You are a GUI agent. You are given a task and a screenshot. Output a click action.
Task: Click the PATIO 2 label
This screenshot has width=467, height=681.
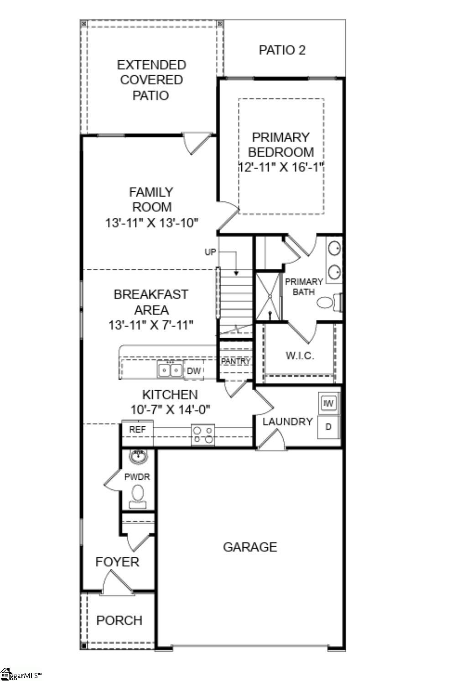tap(282, 50)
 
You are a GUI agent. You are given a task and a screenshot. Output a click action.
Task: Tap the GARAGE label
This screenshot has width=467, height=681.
tap(250, 547)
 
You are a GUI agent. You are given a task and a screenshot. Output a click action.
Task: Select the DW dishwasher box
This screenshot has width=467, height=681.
tap(194, 371)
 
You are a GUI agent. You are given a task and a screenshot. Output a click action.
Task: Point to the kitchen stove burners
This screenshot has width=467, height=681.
tap(203, 435)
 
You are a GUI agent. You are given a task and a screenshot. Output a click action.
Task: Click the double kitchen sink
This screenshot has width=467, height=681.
tap(170, 369)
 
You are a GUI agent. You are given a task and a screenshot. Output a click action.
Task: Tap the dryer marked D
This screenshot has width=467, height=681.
tap(328, 427)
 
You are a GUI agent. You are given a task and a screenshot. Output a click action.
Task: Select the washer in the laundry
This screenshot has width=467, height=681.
tap(329, 403)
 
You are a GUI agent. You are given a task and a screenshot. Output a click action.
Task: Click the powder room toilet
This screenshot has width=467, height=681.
tap(138, 496)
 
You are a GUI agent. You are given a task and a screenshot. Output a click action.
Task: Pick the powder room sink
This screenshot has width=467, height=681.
tap(138, 456)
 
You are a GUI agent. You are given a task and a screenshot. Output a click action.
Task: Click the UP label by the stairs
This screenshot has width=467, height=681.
tap(210, 252)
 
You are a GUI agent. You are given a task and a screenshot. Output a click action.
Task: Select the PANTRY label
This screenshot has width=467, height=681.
tap(235, 361)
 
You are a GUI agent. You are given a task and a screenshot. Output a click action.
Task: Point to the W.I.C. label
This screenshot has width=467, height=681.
tap(300, 356)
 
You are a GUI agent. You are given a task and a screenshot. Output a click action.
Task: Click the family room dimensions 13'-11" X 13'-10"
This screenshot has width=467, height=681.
tap(151, 223)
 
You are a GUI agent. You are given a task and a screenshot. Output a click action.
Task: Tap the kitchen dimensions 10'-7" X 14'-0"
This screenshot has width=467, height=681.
tap(170, 409)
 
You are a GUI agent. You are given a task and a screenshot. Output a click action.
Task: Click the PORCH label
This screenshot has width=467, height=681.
tap(119, 620)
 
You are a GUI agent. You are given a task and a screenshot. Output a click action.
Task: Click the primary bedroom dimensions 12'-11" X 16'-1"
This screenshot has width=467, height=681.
tap(280, 167)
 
